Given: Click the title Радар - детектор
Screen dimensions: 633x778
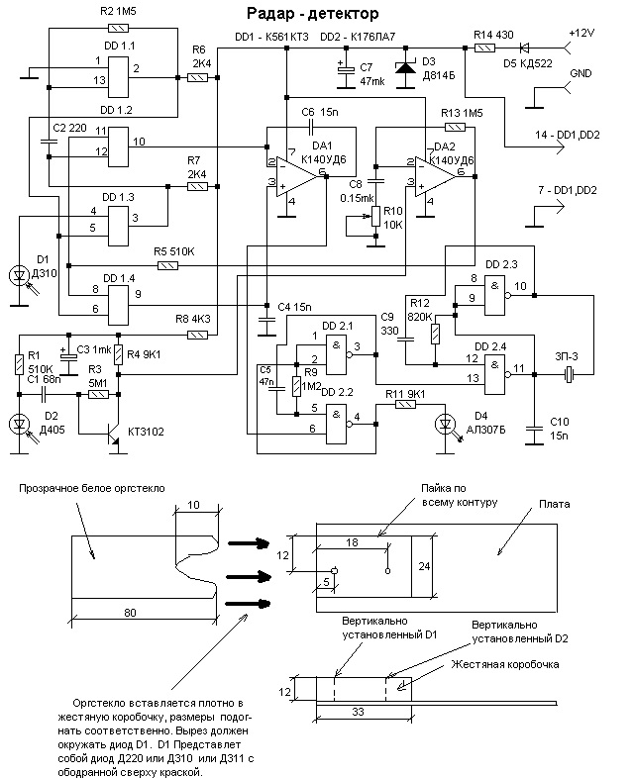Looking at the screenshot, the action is click(x=313, y=14).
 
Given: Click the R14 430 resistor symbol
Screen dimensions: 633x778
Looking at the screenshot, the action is click(x=484, y=49).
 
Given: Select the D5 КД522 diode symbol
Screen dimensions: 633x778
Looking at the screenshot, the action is click(x=524, y=49).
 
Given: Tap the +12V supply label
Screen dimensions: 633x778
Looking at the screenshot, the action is click(x=581, y=34).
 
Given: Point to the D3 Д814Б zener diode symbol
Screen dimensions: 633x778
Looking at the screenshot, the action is click(x=405, y=68).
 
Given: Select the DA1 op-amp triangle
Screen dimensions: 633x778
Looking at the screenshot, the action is click(x=296, y=176).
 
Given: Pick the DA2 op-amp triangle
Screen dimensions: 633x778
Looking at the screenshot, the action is click(x=435, y=176).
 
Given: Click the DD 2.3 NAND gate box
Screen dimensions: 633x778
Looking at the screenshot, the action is click(x=495, y=296).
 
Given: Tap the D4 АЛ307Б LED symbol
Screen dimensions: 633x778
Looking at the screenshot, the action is click(x=446, y=425).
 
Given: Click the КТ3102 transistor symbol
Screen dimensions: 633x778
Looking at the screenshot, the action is click(x=115, y=433).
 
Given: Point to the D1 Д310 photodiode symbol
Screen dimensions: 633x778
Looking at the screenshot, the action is click(x=20, y=276).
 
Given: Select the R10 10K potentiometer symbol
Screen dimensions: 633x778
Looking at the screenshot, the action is click(x=375, y=217).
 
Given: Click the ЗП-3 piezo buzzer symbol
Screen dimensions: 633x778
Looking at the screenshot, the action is click(x=570, y=374).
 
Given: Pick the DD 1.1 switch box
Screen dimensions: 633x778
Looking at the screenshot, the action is click(x=118, y=77).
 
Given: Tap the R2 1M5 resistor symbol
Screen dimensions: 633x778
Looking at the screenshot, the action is click(x=118, y=28).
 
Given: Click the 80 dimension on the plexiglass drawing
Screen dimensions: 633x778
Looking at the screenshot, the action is click(x=130, y=613).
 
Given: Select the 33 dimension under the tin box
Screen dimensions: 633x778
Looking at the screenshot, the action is click(x=359, y=712).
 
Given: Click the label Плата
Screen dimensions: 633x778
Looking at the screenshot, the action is click(x=554, y=504).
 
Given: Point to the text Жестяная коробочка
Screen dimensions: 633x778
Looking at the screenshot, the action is click(x=505, y=664).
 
